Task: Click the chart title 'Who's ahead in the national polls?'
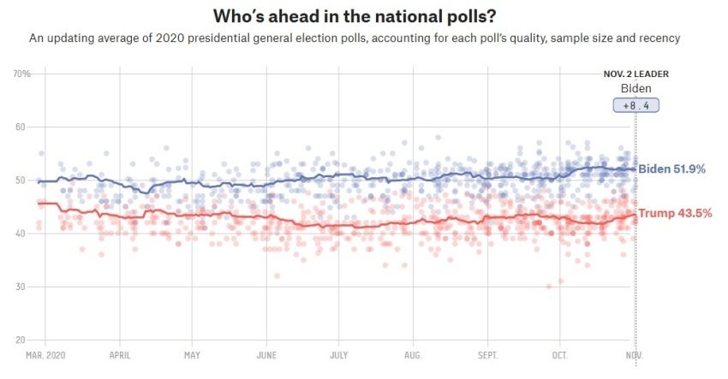(x=363, y=16)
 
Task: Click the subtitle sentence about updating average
(x=361, y=38)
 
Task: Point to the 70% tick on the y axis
(x=21, y=74)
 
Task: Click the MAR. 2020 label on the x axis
(x=45, y=355)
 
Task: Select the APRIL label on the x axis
(x=120, y=355)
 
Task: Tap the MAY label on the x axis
(x=192, y=355)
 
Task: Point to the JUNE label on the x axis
(x=266, y=355)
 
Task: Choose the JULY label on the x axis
(x=338, y=355)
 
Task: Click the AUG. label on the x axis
(x=413, y=355)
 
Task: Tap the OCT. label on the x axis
(x=560, y=355)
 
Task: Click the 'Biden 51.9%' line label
(x=672, y=169)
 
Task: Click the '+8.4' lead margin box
(x=635, y=106)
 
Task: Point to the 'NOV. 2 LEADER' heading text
(x=636, y=74)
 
